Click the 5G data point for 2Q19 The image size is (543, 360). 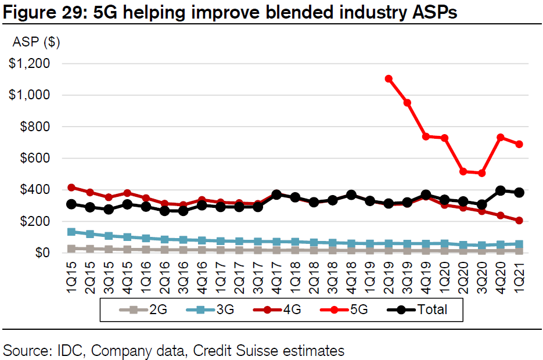(x=389, y=79)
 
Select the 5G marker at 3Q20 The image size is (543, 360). (x=481, y=173)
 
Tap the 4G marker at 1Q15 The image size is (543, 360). (x=71, y=188)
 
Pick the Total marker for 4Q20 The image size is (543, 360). (x=499, y=190)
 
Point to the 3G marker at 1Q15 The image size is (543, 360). (x=71, y=232)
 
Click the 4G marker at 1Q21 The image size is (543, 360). (x=518, y=221)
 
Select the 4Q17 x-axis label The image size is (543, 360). (x=276, y=276)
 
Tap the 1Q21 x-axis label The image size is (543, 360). (x=519, y=276)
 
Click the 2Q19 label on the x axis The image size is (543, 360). (x=389, y=276)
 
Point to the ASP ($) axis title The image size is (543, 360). (x=36, y=42)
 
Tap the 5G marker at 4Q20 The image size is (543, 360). (x=499, y=138)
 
